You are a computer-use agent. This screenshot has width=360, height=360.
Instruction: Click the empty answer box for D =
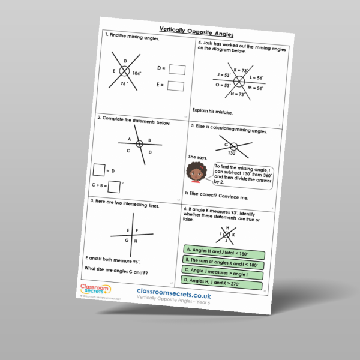[176, 70]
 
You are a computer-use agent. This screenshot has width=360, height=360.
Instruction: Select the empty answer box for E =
[175, 86]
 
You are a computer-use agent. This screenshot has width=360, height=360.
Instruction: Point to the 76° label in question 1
[123, 84]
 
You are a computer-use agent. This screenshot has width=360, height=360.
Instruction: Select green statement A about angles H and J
[223, 249]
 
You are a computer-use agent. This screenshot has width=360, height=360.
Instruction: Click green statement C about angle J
[223, 271]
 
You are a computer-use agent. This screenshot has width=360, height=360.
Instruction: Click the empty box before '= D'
[99, 170]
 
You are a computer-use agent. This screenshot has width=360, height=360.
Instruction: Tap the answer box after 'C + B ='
[115, 186]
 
